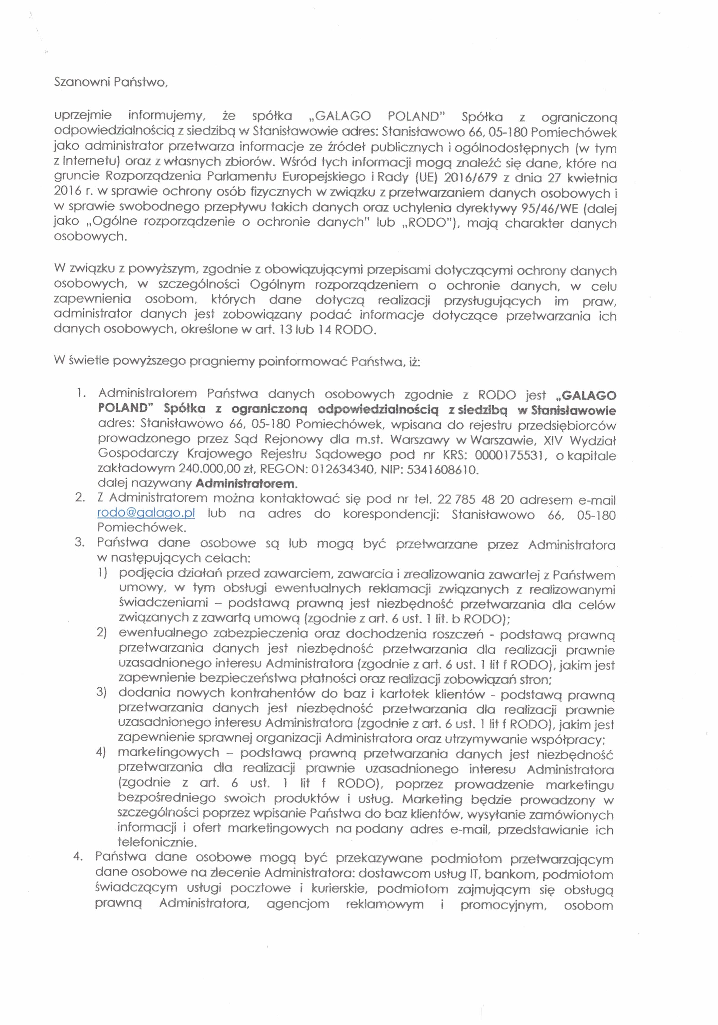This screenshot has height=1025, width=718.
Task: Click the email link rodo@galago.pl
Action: (x=146, y=513)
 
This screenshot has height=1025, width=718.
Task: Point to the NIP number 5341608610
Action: (x=442, y=470)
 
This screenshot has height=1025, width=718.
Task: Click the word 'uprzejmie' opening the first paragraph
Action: (x=83, y=116)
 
